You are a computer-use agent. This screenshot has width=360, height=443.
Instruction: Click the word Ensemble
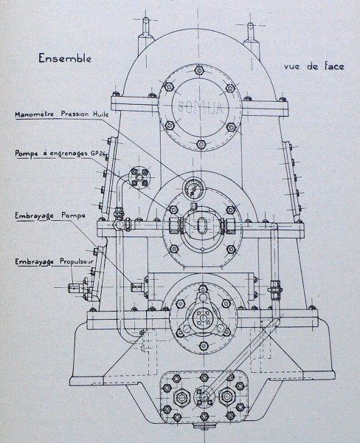pos(65,58)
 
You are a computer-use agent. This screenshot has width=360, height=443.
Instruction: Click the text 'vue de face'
pos(314,66)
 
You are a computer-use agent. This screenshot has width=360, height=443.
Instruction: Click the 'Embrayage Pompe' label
pos(50,216)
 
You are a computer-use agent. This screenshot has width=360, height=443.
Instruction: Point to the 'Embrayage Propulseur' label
pos(54,262)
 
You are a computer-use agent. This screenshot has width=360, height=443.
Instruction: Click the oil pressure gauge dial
pos(193,187)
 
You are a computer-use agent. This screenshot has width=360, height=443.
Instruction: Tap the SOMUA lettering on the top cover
pos(200,107)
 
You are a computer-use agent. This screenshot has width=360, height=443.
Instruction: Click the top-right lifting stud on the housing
pos(250,32)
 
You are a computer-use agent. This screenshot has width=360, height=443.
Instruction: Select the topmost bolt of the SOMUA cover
pos(199,70)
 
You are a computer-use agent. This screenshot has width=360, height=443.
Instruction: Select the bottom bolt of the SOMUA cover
pos(201,145)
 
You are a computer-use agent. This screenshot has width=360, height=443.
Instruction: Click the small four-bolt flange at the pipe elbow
pos(139,177)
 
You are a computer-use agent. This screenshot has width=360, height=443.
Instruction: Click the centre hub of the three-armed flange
pos(203,317)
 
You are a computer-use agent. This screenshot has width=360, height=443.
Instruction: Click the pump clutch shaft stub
pos(137,287)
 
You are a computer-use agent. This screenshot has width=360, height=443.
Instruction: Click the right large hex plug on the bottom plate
pos(227,396)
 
